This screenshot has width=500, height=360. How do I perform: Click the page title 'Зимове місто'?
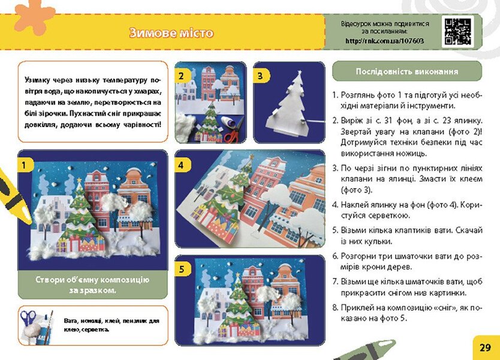coord(171,33)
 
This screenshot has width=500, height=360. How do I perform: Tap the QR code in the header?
coord(457,31)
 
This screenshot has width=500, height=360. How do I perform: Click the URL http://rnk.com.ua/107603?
coord(384,41)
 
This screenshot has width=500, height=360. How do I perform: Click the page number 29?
coord(485,347)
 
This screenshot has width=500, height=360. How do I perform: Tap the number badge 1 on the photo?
coord(25,163)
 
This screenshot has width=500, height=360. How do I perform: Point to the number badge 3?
coord(260,76)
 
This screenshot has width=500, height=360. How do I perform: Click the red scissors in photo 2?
coord(236,133)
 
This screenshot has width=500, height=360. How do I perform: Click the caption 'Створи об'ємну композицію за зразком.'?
coord(92,285)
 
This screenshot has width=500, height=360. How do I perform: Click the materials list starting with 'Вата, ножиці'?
coord(111,325)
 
